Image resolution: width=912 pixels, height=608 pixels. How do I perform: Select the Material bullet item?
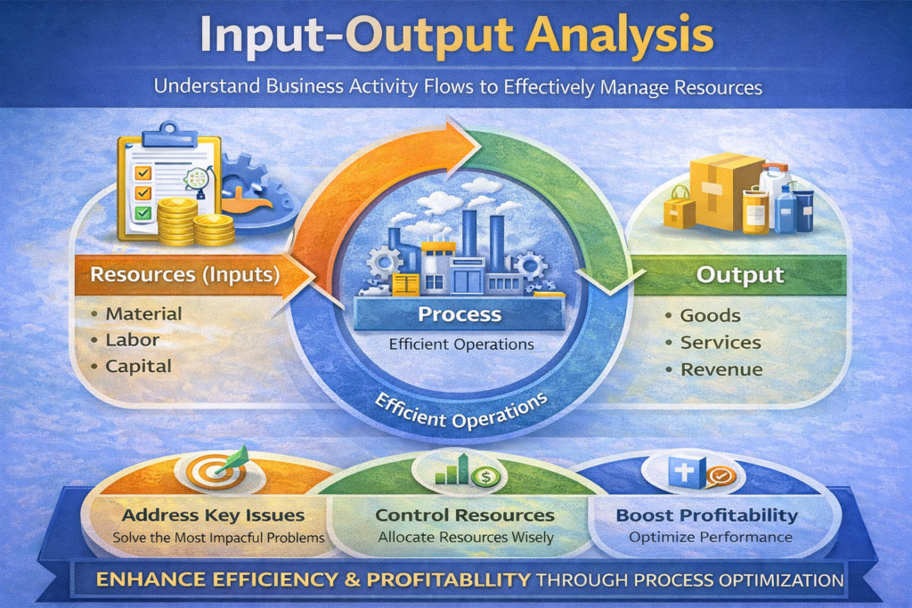(x=142, y=313)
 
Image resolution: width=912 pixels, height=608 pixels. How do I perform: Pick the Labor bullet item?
(x=132, y=339)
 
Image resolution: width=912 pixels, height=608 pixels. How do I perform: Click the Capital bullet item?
(x=138, y=366)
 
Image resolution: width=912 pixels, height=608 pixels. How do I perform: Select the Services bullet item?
(x=720, y=342)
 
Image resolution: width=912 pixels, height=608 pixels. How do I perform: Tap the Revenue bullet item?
(x=721, y=369)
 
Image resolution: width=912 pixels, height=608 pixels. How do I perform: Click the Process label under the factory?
(x=459, y=314)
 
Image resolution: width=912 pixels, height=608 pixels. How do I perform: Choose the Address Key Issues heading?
(x=213, y=515)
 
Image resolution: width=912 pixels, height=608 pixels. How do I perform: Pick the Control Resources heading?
(x=464, y=515)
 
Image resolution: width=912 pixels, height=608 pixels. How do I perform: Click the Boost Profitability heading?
(x=706, y=515)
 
